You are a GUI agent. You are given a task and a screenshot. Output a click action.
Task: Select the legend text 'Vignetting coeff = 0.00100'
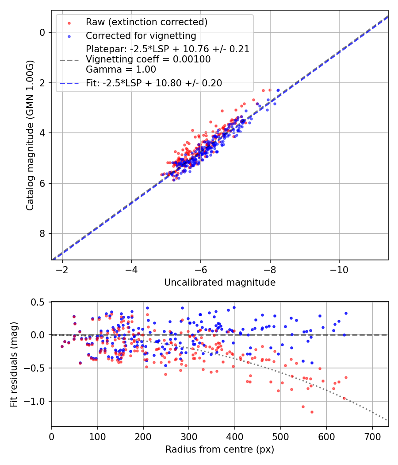(148, 59)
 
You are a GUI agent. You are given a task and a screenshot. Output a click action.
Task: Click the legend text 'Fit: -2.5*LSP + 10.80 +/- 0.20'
(154, 83)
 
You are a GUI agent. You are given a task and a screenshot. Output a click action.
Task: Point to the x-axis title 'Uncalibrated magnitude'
(220, 283)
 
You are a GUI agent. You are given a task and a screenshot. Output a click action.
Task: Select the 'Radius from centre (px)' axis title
(220, 449)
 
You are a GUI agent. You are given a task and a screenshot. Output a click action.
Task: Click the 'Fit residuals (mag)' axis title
(13, 364)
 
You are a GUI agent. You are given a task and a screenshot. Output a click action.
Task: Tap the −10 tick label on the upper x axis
(339, 270)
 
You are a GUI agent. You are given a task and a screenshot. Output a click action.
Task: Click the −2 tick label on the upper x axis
(62, 270)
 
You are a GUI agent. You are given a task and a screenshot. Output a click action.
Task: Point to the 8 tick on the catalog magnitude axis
(42, 233)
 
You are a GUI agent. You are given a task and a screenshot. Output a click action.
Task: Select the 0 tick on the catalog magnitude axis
(42, 32)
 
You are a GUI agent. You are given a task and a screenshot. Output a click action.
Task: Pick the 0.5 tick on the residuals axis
(39, 302)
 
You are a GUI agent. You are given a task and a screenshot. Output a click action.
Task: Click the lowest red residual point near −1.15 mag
(312, 412)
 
